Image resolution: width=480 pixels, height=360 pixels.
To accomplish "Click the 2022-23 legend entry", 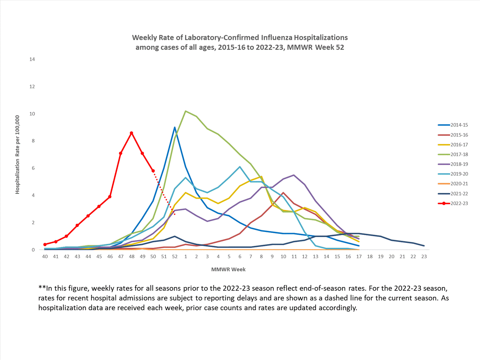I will click(459, 204).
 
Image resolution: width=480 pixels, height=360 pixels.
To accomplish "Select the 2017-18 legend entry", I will click(459, 155).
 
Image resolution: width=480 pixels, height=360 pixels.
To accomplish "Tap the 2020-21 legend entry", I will click(459, 184).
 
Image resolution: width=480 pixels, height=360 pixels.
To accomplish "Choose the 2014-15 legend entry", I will click(459, 125).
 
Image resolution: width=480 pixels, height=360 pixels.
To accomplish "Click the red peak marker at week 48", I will click(132, 133).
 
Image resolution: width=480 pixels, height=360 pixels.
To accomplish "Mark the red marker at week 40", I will click(45, 244).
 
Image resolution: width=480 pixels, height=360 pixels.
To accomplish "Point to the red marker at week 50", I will click(153, 171).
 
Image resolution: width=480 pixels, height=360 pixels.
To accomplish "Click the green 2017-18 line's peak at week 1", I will click(186, 111).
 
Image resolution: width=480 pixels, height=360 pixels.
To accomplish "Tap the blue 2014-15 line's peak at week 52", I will click(175, 127).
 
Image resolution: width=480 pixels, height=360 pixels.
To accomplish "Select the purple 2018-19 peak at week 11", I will click(294, 175).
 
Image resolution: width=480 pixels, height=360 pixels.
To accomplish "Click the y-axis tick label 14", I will click(32, 59).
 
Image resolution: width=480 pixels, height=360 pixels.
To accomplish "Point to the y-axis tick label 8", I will click(33, 141).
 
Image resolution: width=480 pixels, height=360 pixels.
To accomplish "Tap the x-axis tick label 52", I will click(175, 257).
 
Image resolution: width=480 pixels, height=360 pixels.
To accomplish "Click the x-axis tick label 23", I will click(424, 257).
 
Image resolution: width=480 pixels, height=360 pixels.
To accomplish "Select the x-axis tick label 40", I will click(45, 257).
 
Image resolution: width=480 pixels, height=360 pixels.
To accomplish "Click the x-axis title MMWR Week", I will click(228, 269).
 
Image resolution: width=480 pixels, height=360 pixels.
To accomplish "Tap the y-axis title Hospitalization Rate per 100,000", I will click(17, 155).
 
